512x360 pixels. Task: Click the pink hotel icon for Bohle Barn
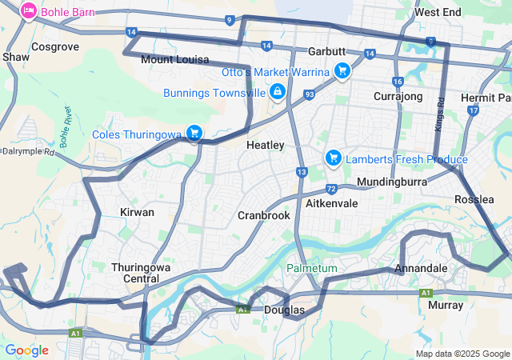click(x=28, y=11)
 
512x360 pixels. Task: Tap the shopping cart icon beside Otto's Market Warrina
click(x=342, y=71)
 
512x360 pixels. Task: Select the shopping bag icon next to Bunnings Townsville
click(x=277, y=92)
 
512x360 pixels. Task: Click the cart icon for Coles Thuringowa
click(x=194, y=133)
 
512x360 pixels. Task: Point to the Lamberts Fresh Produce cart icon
click(x=333, y=158)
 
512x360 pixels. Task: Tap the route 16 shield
click(x=398, y=82)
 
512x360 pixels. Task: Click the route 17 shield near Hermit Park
click(x=474, y=110)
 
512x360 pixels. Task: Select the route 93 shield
click(x=309, y=95)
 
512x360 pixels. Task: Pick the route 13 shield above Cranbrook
click(x=301, y=172)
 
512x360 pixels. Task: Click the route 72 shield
click(x=330, y=189)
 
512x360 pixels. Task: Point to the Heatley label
click(x=265, y=146)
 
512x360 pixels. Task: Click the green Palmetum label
click(x=313, y=268)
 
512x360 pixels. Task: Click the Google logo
click(x=27, y=350)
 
